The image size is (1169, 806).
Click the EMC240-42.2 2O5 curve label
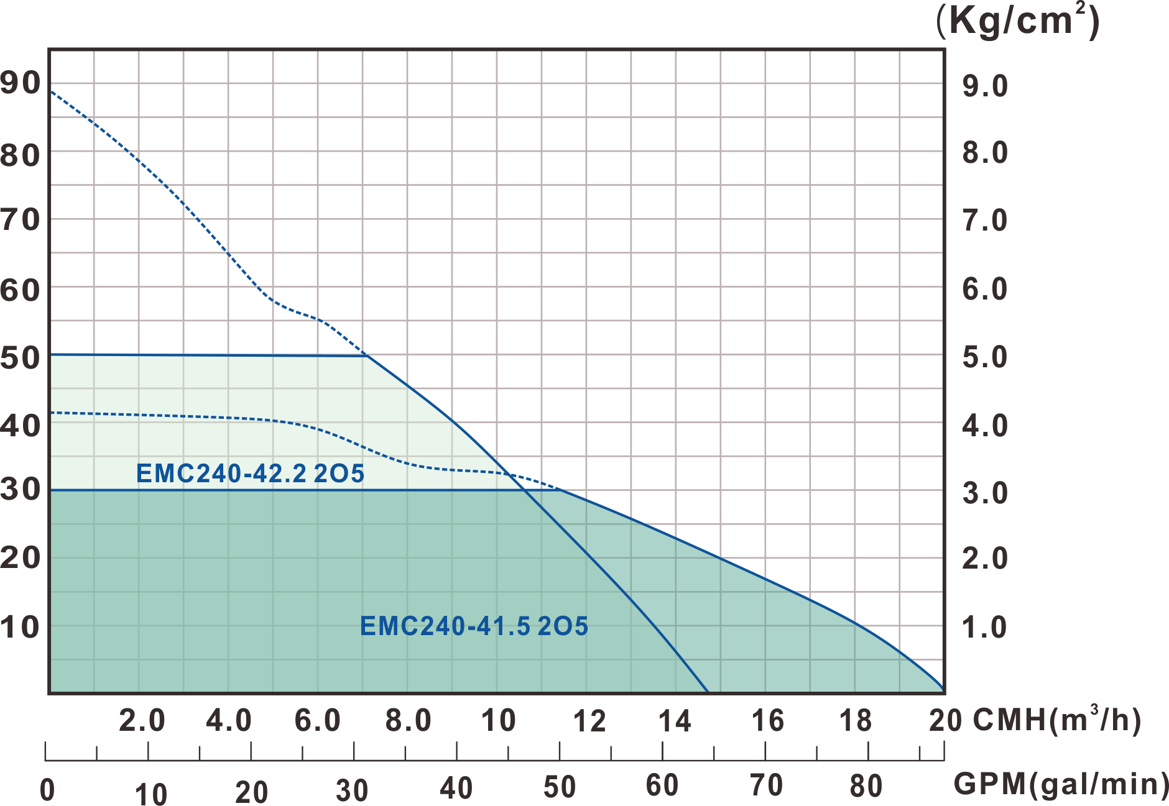pos(250,474)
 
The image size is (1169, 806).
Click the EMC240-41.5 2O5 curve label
pos(474,626)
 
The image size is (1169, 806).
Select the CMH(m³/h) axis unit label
pos(1057,720)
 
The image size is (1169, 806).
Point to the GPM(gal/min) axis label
pos(1061,785)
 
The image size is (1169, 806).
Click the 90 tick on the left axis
pos(21,83)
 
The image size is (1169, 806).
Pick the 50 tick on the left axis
pos(21,358)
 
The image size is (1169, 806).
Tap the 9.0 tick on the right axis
pos(985,86)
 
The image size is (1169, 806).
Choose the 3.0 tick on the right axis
pos(985,493)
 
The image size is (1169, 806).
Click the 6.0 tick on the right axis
pos(985,289)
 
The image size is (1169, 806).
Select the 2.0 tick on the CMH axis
pos(142,721)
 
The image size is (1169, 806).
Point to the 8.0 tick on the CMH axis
pos(408,721)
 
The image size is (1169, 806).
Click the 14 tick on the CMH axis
pos(675,721)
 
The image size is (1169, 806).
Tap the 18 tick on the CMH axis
pos(856,721)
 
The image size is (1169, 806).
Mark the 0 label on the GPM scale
pos(47,789)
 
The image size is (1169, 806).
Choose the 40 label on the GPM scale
pos(456,788)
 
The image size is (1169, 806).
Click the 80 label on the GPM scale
pos(866,786)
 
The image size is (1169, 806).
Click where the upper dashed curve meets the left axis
pos(50,92)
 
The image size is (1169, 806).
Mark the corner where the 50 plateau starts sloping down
pos(367,355)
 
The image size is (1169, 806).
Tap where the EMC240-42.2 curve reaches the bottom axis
pos(708,691)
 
